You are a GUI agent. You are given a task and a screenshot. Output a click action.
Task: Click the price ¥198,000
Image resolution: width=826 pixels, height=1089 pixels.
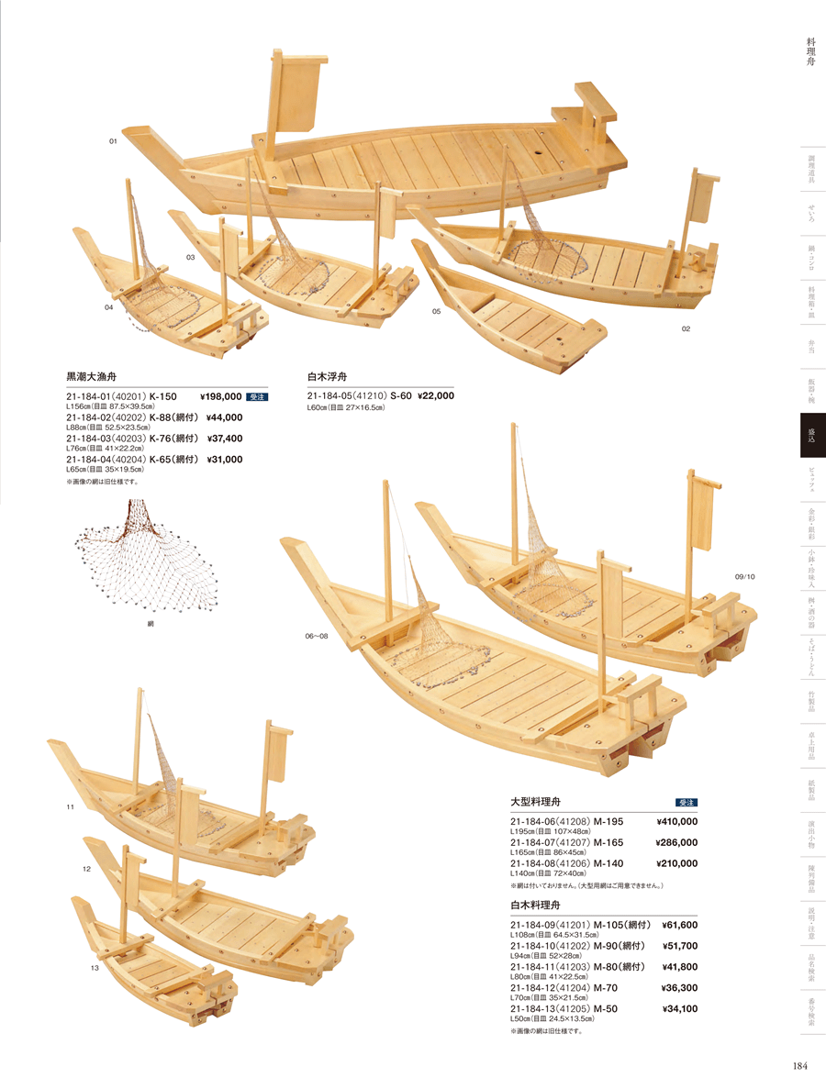click(x=220, y=396)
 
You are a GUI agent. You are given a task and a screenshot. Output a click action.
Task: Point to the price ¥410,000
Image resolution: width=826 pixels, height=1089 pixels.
click(x=676, y=821)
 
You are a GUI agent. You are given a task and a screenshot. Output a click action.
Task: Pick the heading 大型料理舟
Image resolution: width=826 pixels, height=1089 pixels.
click(x=542, y=801)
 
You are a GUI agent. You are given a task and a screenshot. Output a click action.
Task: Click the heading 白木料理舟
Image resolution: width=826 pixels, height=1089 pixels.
click(x=542, y=906)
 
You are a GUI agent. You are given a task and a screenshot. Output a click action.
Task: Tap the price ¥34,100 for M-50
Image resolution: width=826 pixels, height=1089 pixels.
click(x=679, y=1008)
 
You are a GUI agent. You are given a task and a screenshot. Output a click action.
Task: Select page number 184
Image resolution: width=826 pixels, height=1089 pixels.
click(x=798, y=1065)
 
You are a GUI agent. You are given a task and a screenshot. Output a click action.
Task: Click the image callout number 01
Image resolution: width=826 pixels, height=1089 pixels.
click(x=113, y=141)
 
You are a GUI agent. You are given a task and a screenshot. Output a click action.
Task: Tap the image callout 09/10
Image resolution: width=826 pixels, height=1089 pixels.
click(x=743, y=576)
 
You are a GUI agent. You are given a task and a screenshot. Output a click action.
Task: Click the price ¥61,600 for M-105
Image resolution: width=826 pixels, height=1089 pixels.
click(x=679, y=925)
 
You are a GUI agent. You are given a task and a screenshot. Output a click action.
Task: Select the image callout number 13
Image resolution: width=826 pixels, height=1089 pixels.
click(x=94, y=967)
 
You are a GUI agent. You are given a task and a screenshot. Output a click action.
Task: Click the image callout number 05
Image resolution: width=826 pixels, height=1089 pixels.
click(x=437, y=312)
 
